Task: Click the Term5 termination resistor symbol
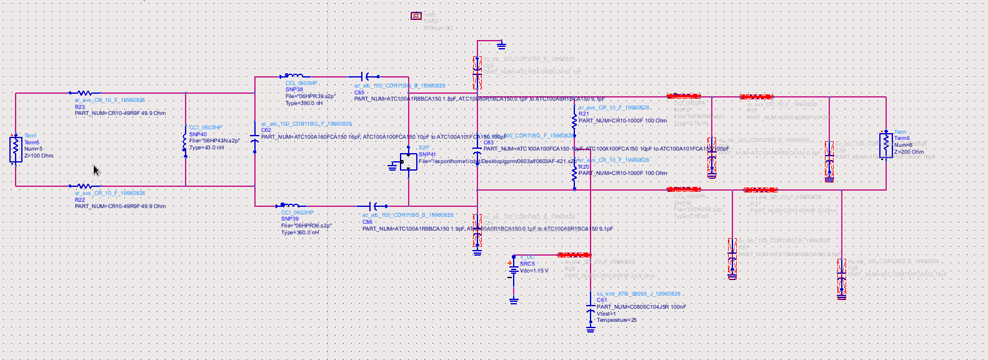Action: pos(16,149)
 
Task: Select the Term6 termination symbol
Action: pos(886,146)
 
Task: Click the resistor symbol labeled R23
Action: pos(84,93)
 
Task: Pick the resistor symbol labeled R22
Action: pos(84,186)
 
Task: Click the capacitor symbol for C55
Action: pos(370,77)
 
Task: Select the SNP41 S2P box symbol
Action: pos(408,162)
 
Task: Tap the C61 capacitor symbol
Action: pos(591,311)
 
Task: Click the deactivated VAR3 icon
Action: pos(416,16)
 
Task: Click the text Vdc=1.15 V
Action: pos(534,271)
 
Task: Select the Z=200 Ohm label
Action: pos(909,152)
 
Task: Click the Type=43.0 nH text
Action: pos(206,147)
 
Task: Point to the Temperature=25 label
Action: pos(616,320)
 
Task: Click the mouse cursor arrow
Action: pos(96,171)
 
